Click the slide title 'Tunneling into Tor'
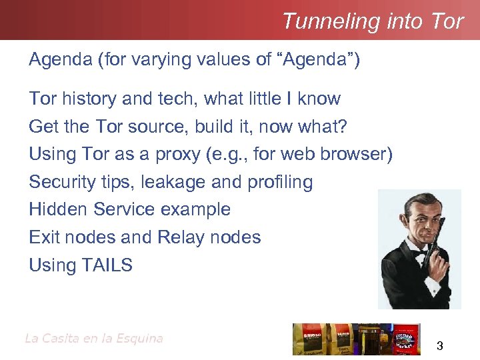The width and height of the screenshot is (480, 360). coord(372,21)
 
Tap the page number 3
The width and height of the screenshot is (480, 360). coord(439,345)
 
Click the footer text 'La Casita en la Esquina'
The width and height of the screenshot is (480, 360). coord(94,338)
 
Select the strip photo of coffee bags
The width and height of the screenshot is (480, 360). coord(357,339)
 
